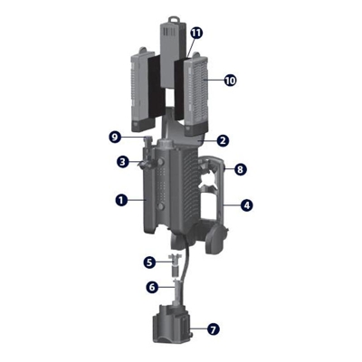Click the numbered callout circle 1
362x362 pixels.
121,200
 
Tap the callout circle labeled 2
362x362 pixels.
223,141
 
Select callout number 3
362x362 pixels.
122,162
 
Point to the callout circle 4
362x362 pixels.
247,205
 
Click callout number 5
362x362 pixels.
149,262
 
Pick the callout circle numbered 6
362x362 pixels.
152,288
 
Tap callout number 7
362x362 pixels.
214,329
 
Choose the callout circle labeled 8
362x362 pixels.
240,169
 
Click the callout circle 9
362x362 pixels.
114,138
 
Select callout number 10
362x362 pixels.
230,81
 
